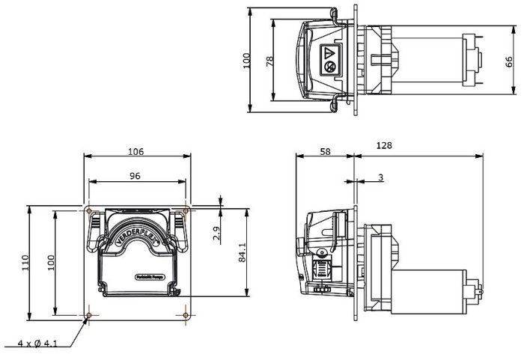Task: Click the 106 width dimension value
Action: click(135, 151)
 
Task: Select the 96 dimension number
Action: click(135, 176)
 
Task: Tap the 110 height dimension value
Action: click(25, 262)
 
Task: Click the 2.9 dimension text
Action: click(217, 234)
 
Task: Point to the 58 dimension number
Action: click(325, 151)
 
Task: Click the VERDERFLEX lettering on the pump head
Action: click(135, 237)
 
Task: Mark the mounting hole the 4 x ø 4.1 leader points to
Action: click(89, 316)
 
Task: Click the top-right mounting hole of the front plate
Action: click(185, 210)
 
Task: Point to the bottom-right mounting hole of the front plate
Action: click(185, 316)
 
